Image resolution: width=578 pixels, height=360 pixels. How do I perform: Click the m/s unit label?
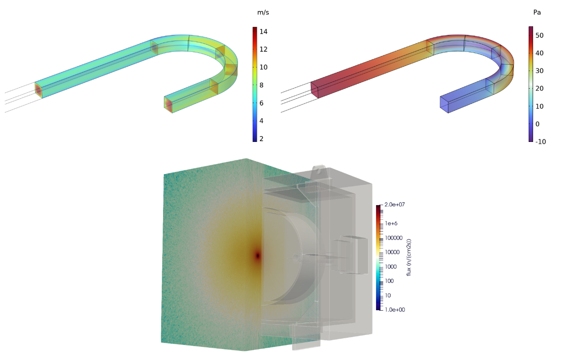coord(263,13)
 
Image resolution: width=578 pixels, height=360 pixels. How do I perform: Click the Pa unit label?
coord(536,13)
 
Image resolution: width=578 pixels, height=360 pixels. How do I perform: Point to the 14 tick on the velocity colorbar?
coord(263,32)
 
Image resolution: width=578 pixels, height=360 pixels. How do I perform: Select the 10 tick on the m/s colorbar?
coord(263,67)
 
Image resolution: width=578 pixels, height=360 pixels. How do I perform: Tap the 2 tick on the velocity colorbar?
coord(261,138)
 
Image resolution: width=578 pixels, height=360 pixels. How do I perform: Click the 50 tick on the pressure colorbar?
coord(539,35)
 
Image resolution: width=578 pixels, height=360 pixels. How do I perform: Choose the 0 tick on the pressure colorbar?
coord(537,124)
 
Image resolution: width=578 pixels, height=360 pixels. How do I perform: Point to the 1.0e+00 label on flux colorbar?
coord(395,310)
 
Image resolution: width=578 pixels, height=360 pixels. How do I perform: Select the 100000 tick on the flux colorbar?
coord(394,238)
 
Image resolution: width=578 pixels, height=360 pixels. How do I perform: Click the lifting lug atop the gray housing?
coord(319,170)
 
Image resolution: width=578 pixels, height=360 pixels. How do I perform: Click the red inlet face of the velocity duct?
coord(38,90)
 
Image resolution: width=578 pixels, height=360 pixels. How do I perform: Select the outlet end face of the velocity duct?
coord(168,104)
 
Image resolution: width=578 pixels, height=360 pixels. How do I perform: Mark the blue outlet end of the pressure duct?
coord(444,104)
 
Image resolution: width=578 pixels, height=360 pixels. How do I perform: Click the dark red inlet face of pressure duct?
coord(315,90)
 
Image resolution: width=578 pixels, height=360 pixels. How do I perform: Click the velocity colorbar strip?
coord(255,84)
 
